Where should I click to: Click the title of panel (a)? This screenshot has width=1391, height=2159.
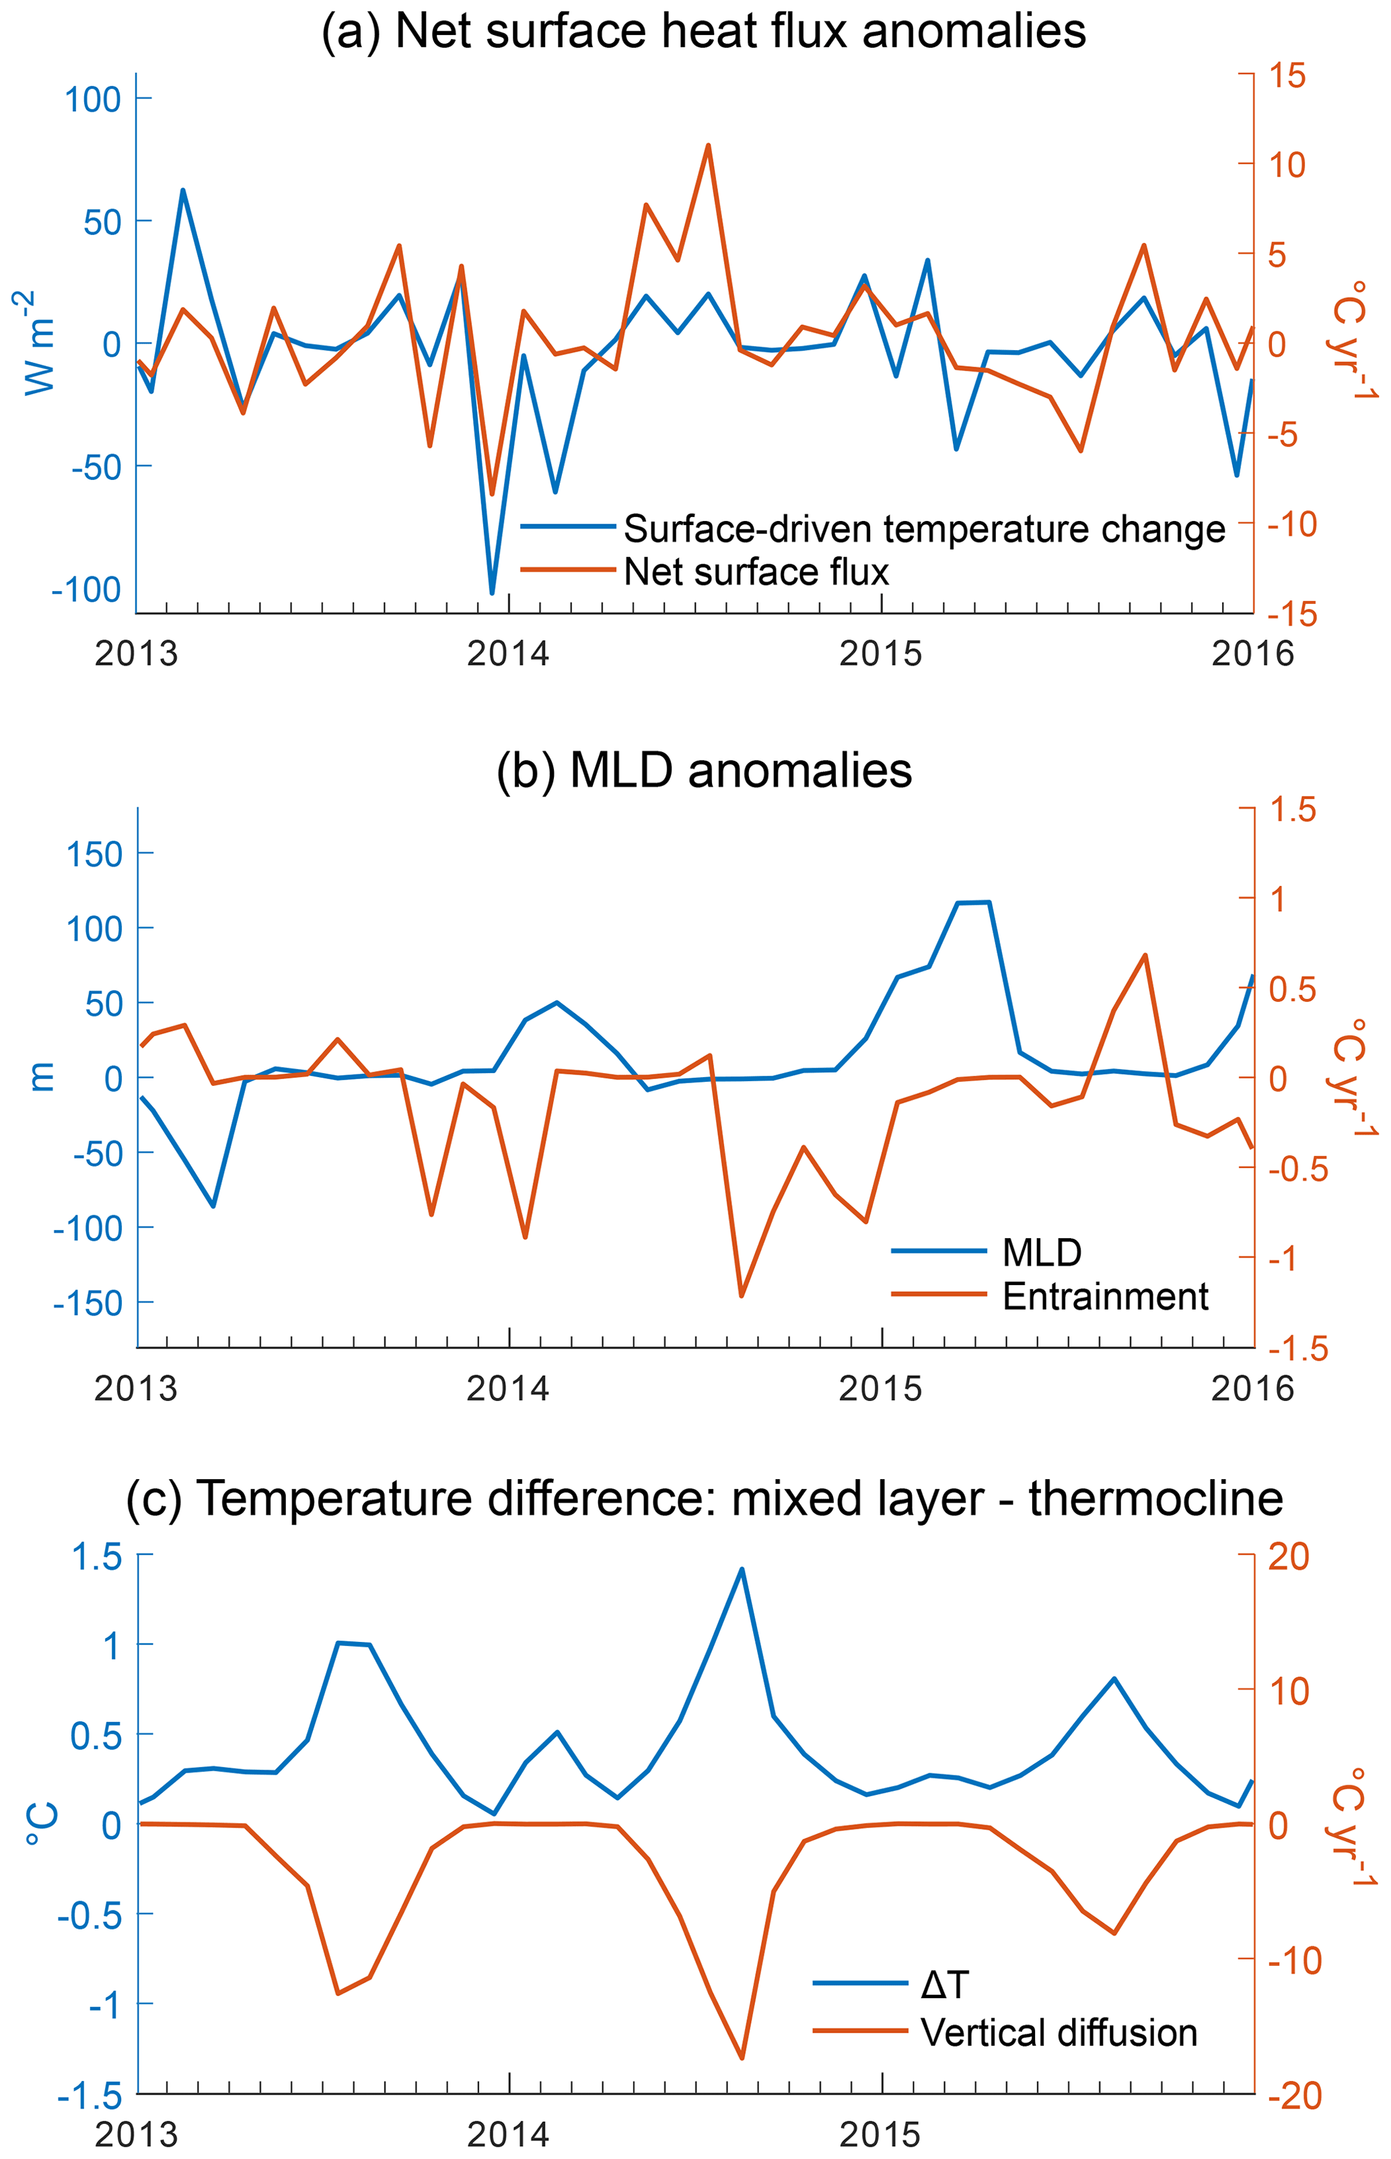(704, 32)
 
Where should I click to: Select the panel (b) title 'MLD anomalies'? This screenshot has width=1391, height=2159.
(704, 771)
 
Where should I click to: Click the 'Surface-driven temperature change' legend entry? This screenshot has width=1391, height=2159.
(923, 528)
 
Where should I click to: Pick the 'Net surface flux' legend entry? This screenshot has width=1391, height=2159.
(756, 572)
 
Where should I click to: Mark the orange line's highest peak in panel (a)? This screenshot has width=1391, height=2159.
(708, 145)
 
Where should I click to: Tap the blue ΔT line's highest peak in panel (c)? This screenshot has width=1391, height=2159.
(742, 1569)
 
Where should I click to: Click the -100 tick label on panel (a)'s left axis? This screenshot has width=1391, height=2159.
(87, 590)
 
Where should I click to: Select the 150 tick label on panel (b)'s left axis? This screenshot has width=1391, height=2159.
(95, 854)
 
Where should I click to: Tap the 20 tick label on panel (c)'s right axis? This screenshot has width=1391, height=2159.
(1288, 1556)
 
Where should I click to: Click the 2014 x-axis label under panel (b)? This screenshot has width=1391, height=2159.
(507, 1388)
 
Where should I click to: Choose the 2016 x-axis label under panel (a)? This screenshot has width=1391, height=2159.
(1252, 653)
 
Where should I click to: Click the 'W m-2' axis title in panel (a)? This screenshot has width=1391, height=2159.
(38, 343)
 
